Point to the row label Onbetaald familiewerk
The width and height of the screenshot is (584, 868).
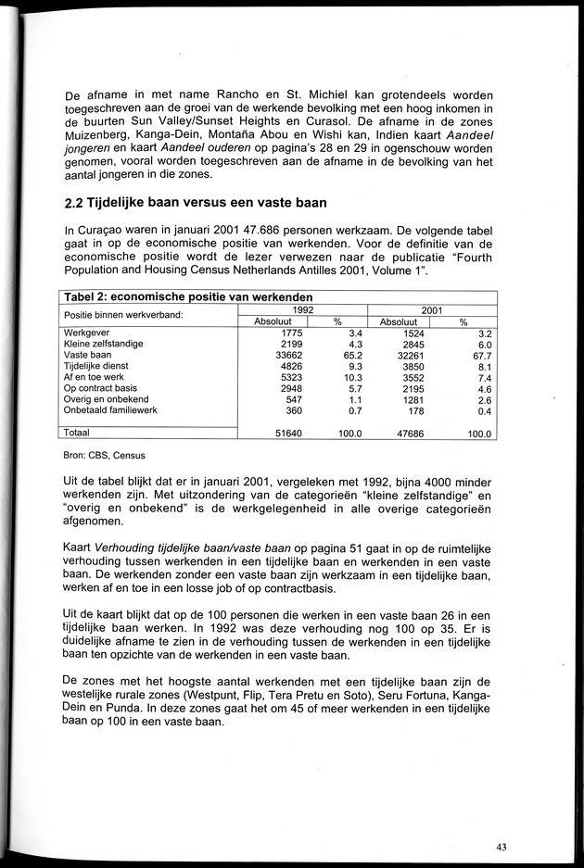(x=109, y=409)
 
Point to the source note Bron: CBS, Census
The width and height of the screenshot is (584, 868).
(x=105, y=456)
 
